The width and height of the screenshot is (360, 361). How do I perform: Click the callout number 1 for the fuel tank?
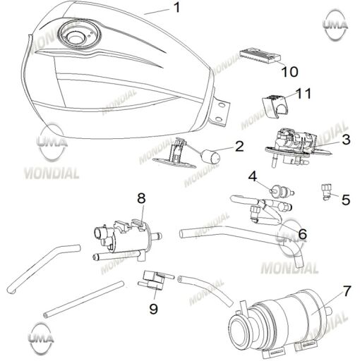[x=176, y=8]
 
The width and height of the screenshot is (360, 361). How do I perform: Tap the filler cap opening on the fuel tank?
[x=75, y=37]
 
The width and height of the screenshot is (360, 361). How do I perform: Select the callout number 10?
[x=289, y=71]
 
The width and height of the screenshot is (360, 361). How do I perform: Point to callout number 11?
[x=304, y=93]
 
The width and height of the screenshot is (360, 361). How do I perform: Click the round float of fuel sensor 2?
[x=210, y=157]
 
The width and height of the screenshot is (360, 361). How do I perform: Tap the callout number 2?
[x=239, y=147]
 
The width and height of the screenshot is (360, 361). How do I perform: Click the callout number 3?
[x=346, y=139]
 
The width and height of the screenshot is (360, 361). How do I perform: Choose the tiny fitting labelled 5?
[x=325, y=192]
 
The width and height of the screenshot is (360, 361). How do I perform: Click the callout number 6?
[x=302, y=233]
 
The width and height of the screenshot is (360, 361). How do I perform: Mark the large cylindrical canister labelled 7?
[x=280, y=322]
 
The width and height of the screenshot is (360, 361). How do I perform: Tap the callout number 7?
[x=347, y=290]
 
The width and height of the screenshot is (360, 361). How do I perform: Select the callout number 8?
[x=141, y=198]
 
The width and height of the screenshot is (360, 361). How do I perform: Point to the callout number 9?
[x=154, y=309]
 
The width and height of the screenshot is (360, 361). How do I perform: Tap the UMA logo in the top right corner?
[x=335, y=25]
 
